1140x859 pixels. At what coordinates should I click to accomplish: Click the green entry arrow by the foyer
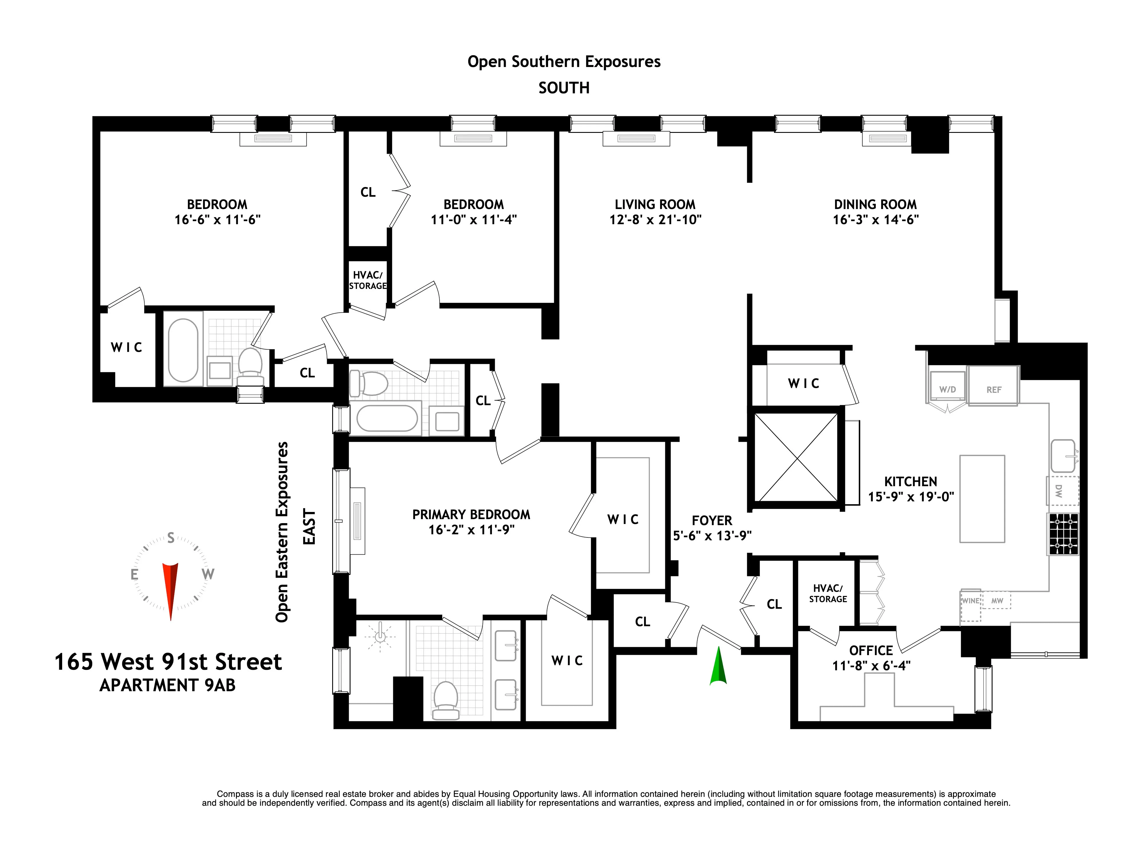[718, 667]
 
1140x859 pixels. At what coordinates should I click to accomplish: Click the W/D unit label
[947, 390]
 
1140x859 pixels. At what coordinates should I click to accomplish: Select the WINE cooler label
[970, 601]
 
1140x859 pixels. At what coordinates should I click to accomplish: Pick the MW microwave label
[997, 601]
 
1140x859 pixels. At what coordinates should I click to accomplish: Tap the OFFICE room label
[871, 650]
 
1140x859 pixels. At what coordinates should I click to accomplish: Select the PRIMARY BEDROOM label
[471, 514]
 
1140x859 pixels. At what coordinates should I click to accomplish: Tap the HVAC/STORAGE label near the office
[828, 594]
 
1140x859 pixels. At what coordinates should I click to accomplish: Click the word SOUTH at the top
[564, 88]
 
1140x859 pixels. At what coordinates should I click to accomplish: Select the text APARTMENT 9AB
[168, 685]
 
